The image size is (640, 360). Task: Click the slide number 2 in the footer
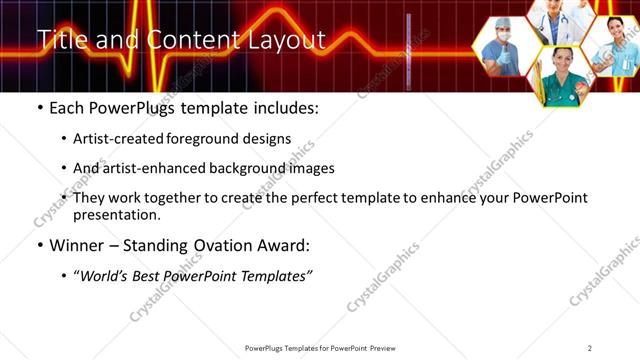[x=590, y=348]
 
